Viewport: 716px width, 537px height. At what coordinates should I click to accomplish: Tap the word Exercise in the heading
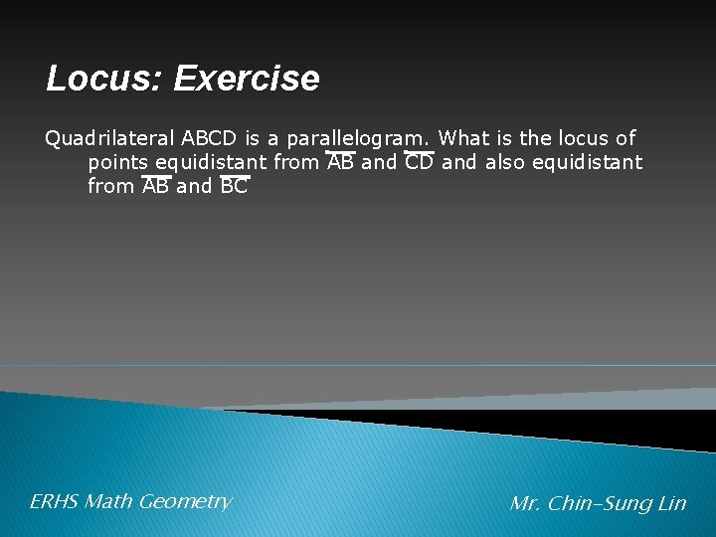click(247, 79)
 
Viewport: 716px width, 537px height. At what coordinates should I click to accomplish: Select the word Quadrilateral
click(109, 138)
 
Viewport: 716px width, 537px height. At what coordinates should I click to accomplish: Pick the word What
click(462, 138)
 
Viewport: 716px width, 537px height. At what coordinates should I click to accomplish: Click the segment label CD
click(419, 162)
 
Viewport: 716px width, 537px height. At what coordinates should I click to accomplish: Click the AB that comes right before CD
click(340, 162)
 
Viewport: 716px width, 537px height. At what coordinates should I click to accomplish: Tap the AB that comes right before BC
click(155, 186)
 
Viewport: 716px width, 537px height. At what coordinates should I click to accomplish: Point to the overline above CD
click(419, 153)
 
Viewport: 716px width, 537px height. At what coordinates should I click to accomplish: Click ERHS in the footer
click(54, 502)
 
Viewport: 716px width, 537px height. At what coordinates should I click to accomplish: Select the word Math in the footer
click(108, 502)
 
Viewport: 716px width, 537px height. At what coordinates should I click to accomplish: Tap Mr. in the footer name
click(525, 504)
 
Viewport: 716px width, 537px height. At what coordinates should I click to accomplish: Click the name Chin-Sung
click(600, 504)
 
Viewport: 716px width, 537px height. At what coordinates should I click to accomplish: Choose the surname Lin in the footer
click(672, 504)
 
